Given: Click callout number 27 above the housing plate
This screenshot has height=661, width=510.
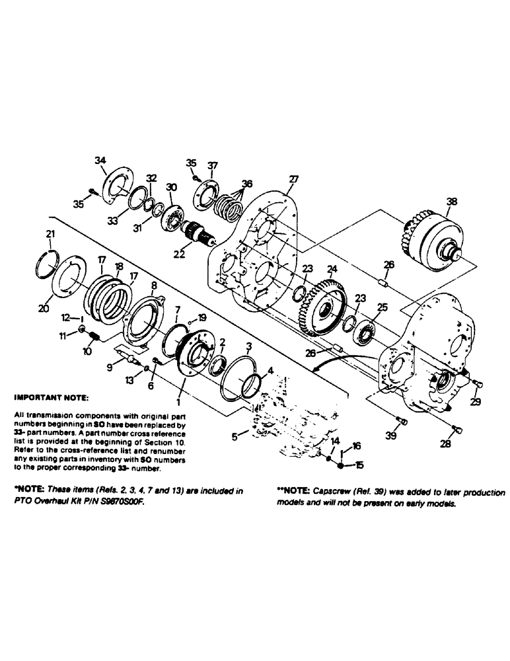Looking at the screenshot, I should (x=293, y=179).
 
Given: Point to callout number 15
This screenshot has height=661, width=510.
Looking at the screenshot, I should (x=359, y=466).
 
